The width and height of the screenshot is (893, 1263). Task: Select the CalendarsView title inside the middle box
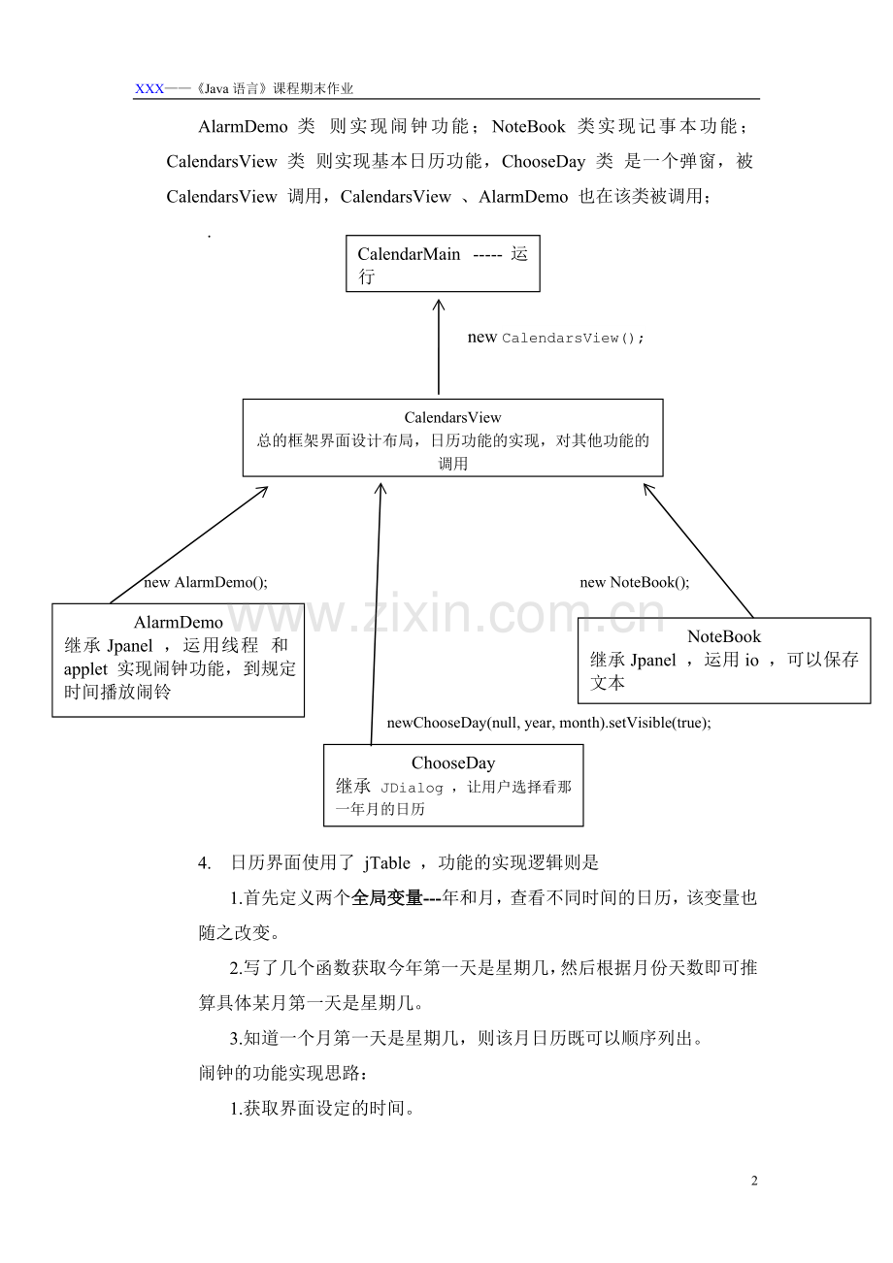452,418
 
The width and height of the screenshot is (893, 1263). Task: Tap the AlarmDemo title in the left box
179,623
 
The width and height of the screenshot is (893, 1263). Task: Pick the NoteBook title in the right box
724,636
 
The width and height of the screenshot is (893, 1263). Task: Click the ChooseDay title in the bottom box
453,762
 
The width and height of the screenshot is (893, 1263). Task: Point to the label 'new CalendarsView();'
555,338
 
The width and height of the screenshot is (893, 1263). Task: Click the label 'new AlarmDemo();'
206,582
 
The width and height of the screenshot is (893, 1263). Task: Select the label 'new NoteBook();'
635,582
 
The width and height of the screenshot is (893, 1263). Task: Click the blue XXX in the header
149,88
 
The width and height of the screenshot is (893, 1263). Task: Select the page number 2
754,1181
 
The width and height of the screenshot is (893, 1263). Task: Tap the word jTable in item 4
387,862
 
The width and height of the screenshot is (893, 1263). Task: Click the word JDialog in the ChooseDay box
412,788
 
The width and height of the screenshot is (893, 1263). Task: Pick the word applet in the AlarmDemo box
85,670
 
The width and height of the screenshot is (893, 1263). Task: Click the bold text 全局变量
387,897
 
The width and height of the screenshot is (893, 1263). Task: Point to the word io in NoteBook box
752,661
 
